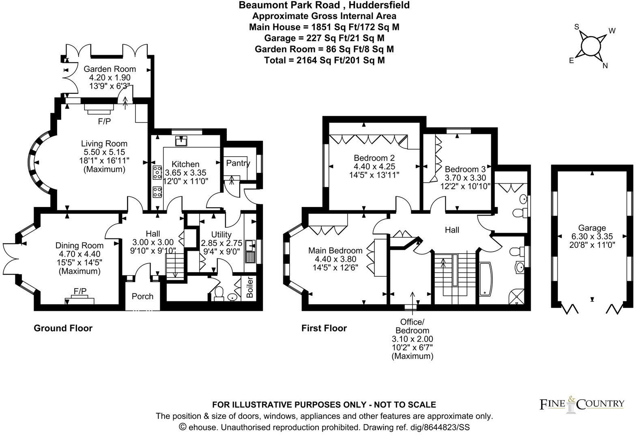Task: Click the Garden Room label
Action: (x=110, y=69)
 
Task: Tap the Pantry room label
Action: (x=238, y=163)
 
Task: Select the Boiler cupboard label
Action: (x=250, y=287)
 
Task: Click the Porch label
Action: (x=143, y=296)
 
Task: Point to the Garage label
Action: (x=592, y=228)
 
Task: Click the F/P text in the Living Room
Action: (x=104, y=121)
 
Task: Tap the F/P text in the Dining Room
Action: (x=80, y=291)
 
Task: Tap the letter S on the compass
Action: (x=576, y=27)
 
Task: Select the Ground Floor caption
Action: (x=63, y=328)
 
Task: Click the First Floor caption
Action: (x=324, y=328)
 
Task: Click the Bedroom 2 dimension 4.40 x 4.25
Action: (x=374, y=166)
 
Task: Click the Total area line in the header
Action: (x=324, y=60)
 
